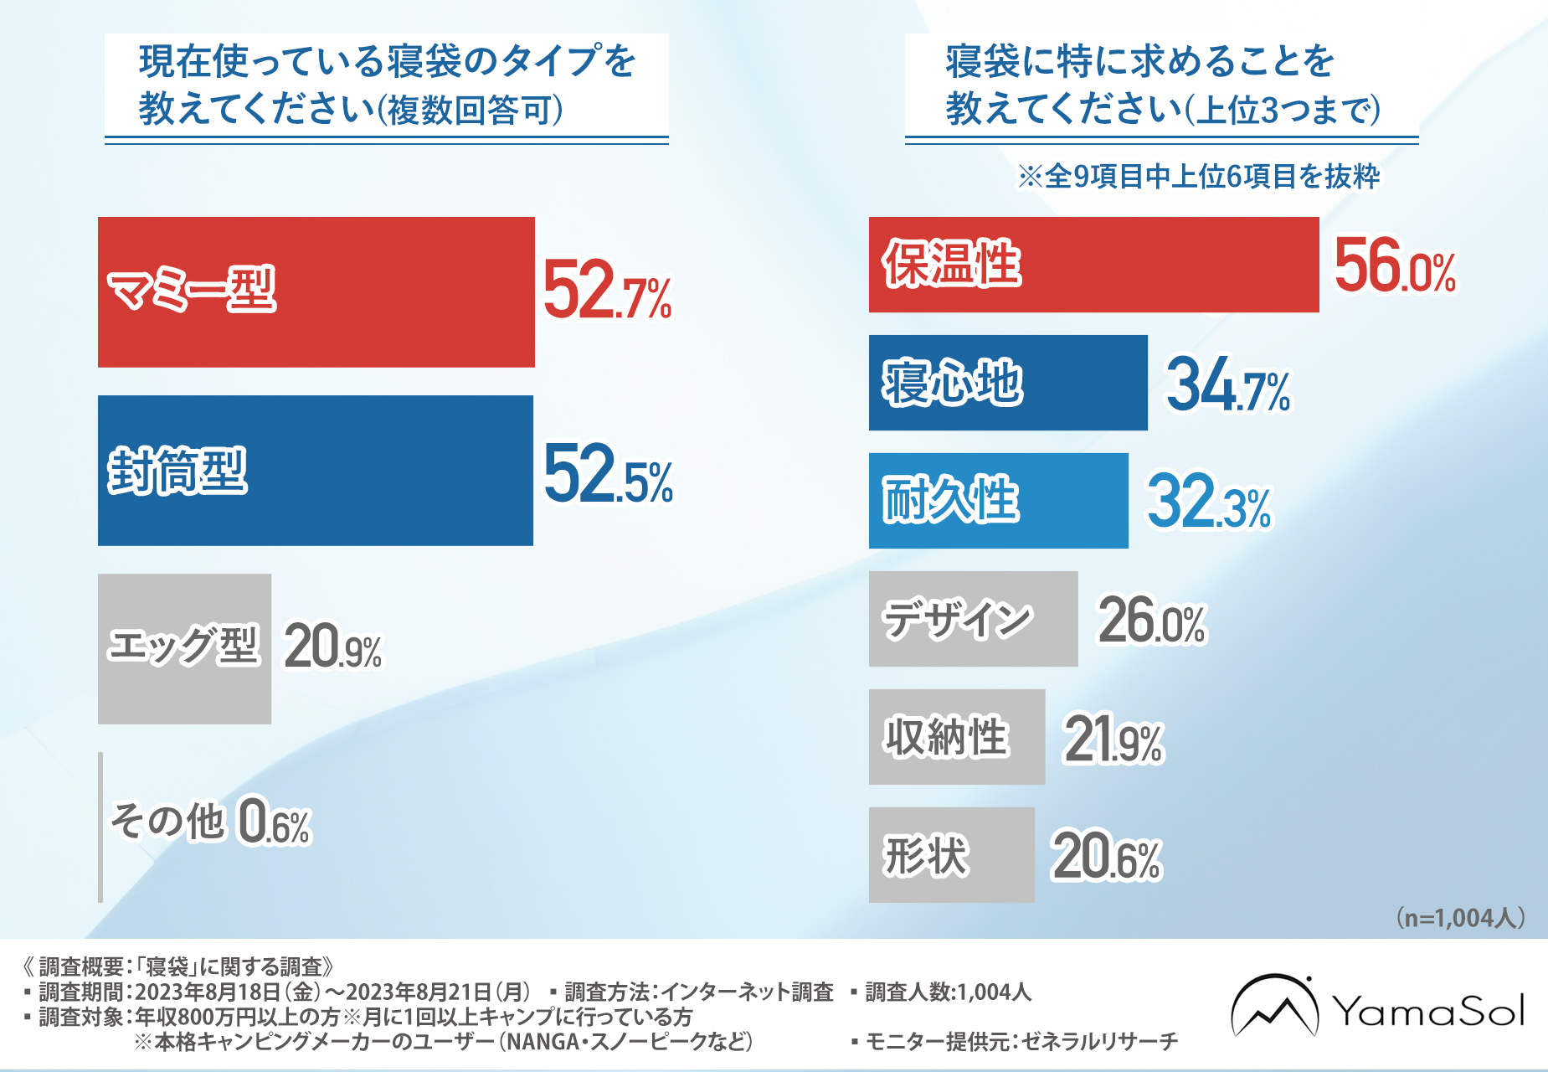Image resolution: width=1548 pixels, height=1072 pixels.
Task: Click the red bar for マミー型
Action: pyautogui.click(x=316, y=292)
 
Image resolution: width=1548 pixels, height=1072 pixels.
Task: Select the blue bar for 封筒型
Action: pyautogui.click(x=316, y=471)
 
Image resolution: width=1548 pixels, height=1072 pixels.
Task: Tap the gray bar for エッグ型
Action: pyautogui.click(x=184, y=648)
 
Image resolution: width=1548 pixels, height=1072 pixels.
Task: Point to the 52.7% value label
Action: pyautogui.click(x=607, y=291)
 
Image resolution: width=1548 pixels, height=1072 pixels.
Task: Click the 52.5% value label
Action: pyautogui.click(x=608, y=475)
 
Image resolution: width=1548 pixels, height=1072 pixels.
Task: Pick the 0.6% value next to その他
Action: pyautogui.click(x=275, y=822)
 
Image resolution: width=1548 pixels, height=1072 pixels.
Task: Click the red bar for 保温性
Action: pyautogui.click(x=1093, y=265)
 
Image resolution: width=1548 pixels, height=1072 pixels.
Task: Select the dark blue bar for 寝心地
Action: pyautogui.click(x=1008, y=383)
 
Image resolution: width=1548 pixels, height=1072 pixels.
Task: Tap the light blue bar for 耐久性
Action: pyautogui.click(x=998, y=501)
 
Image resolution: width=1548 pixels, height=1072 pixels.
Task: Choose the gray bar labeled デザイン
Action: pyautogui.click(x=973, y=619)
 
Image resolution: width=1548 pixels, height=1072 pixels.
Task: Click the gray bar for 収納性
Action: pyautogui.click(x=956, y=737)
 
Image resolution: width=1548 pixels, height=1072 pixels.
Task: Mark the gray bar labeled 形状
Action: pyautogui.click(x=951, y=855)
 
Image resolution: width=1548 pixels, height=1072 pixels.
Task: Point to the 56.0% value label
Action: pyautogui.click(x=1395, y=266)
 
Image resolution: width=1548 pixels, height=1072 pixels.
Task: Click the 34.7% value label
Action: pyautogui.click(x=1228, y=385)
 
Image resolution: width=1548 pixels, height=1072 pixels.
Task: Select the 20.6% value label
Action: pyautogui.click(x=1106, y=857)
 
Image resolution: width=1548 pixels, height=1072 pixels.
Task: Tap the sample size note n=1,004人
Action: pyautogui.click(x=1460, y=918)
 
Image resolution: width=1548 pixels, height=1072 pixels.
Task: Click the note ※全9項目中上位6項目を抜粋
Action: pyautogui.click(x=1198, y=177)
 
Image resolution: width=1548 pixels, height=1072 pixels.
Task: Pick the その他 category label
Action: pyautogui.click(x=167, y=821)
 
